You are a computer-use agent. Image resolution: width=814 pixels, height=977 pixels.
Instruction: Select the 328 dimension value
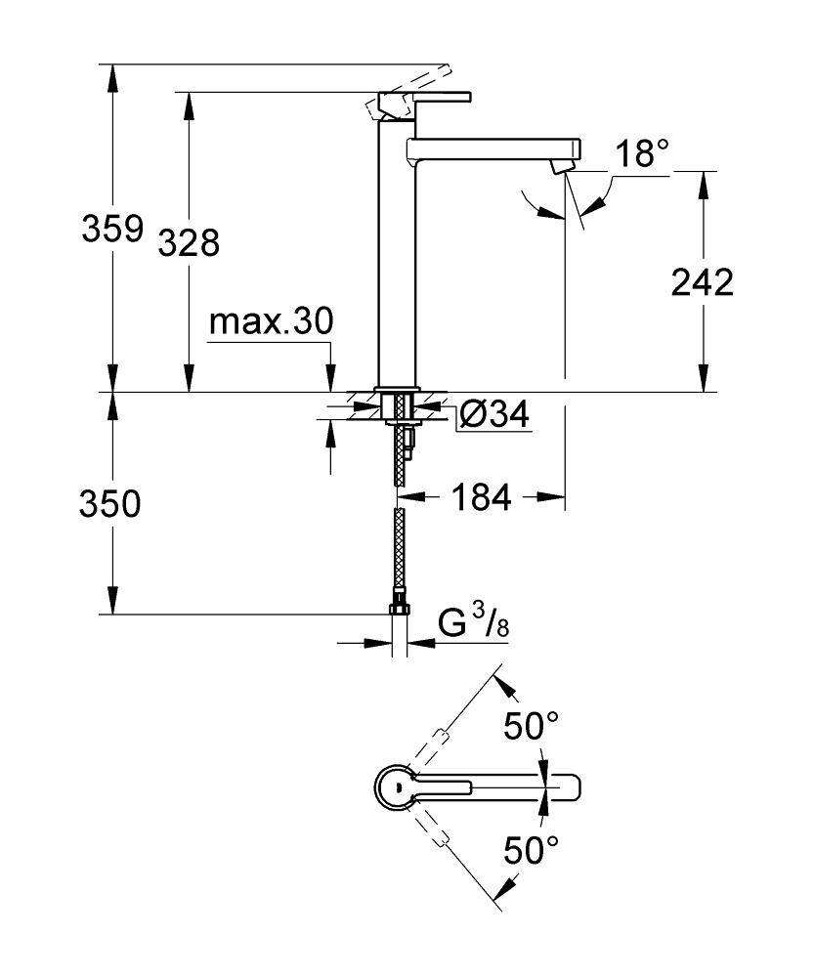coord(188,242)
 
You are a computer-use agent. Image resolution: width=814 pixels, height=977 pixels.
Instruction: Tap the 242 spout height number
coord(702,282)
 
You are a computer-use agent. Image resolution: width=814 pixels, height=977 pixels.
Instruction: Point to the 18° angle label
coord(642,153)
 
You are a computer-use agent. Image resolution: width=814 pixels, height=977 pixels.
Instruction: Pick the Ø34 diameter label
coord(493,415)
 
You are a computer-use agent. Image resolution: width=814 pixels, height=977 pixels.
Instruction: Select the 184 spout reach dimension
coord(481,498)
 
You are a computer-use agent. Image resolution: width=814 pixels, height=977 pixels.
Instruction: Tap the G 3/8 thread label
coord(473,623)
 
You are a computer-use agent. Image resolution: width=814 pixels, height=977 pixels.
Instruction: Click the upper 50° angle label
coord(531,727)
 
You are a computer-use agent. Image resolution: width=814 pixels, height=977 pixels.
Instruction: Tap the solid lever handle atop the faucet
coord(435,97)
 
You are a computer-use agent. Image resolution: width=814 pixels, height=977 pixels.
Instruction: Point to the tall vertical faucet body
coord(397,254)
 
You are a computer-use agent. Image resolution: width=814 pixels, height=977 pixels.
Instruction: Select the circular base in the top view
coord(396,787)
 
